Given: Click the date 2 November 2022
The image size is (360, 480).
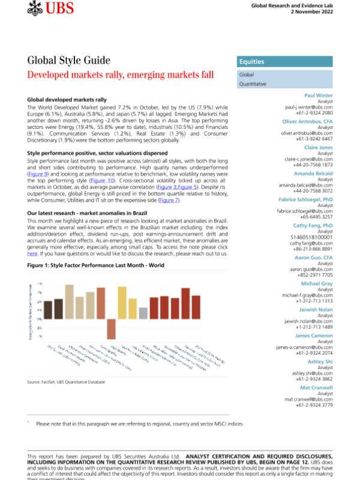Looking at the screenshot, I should [325, 12].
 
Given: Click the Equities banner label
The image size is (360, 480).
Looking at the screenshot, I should [251, 62].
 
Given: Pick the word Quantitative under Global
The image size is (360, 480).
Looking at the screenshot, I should [253, 85].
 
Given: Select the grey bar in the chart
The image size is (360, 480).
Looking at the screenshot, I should [143, 313].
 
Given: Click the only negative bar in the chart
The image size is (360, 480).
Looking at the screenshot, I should [111, 329].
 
